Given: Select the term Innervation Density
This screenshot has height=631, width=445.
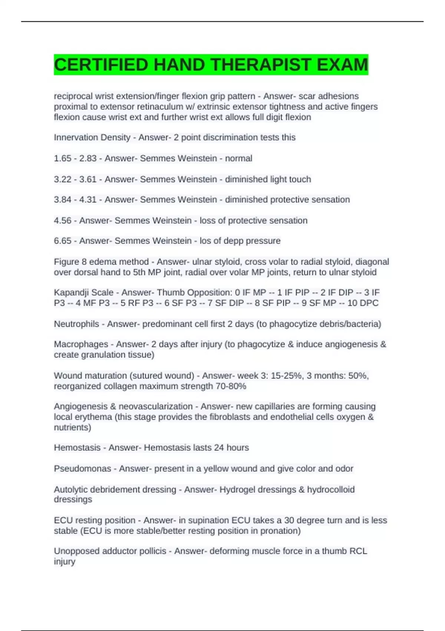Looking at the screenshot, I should point(92,137).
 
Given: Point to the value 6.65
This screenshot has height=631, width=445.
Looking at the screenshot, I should point(63,241).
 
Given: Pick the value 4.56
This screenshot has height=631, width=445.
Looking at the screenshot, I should point(63,220).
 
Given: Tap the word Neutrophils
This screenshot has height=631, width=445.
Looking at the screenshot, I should point(76,324).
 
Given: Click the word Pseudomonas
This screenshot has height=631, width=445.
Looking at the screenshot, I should point(82,469).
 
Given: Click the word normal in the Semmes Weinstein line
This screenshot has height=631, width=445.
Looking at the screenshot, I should point(238,158).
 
